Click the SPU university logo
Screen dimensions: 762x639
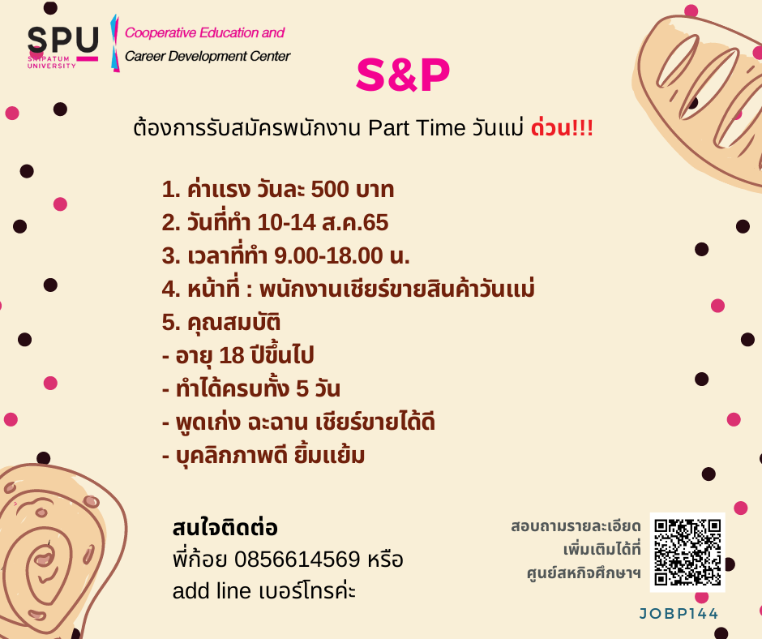63,46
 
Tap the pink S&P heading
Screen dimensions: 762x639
403,75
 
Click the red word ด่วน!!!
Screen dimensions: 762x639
562,127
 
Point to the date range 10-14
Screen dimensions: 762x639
287,223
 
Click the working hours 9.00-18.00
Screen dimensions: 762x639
328,255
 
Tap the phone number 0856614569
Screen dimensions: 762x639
298,560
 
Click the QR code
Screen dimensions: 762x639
687,552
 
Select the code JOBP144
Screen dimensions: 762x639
679,614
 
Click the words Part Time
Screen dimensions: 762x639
417,128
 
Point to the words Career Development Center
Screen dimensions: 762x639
208,57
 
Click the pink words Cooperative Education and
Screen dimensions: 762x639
204,32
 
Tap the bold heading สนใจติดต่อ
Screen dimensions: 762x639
225,527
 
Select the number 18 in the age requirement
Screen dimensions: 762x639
231,355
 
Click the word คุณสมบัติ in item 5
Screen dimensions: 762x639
233,323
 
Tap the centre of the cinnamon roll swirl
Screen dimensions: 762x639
45,560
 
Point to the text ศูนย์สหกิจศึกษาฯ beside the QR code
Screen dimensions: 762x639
584,573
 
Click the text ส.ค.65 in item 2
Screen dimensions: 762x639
355,223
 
